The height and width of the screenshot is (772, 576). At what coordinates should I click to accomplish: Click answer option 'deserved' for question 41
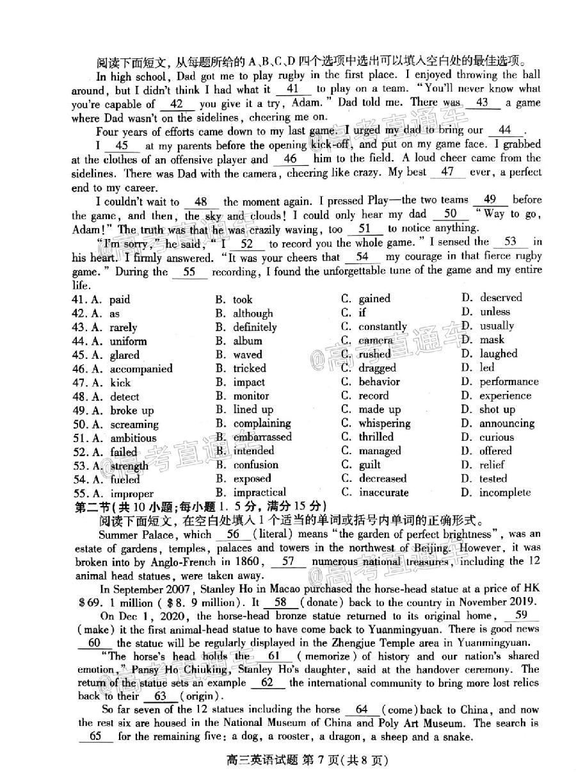click(500, 297)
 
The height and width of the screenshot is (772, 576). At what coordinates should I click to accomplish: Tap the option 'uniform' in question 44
click(128, 341)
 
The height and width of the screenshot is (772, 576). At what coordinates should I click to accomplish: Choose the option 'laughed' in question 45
click(498, 354)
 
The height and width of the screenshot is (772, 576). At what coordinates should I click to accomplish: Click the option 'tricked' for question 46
click(250, 368)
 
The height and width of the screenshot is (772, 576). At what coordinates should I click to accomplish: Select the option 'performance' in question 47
click(509, 382)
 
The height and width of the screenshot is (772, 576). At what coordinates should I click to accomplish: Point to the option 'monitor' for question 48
click(251, 396)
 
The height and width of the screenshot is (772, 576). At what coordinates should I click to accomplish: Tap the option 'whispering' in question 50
click(384, 423)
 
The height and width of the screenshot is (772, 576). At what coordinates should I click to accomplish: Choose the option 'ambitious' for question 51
click(133, 438)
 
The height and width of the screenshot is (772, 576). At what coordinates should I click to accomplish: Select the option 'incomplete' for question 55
click(505, 492)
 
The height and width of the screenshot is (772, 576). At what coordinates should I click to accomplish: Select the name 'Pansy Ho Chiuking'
click(181, 669)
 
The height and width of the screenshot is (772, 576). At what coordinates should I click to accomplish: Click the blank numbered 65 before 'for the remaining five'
click(95, 736)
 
